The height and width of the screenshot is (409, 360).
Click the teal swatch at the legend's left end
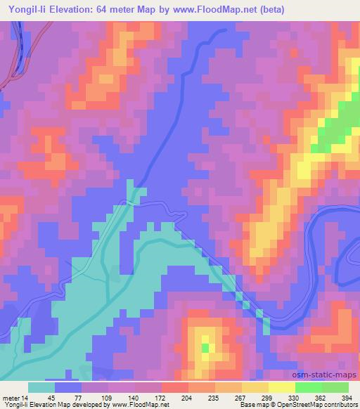(x=41, y=387)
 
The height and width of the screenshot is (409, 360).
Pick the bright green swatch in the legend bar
(x=309, y=387)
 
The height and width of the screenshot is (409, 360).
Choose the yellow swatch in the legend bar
(x=255, y=387)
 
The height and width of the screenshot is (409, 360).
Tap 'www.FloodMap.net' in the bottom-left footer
(x=139, y=405)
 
